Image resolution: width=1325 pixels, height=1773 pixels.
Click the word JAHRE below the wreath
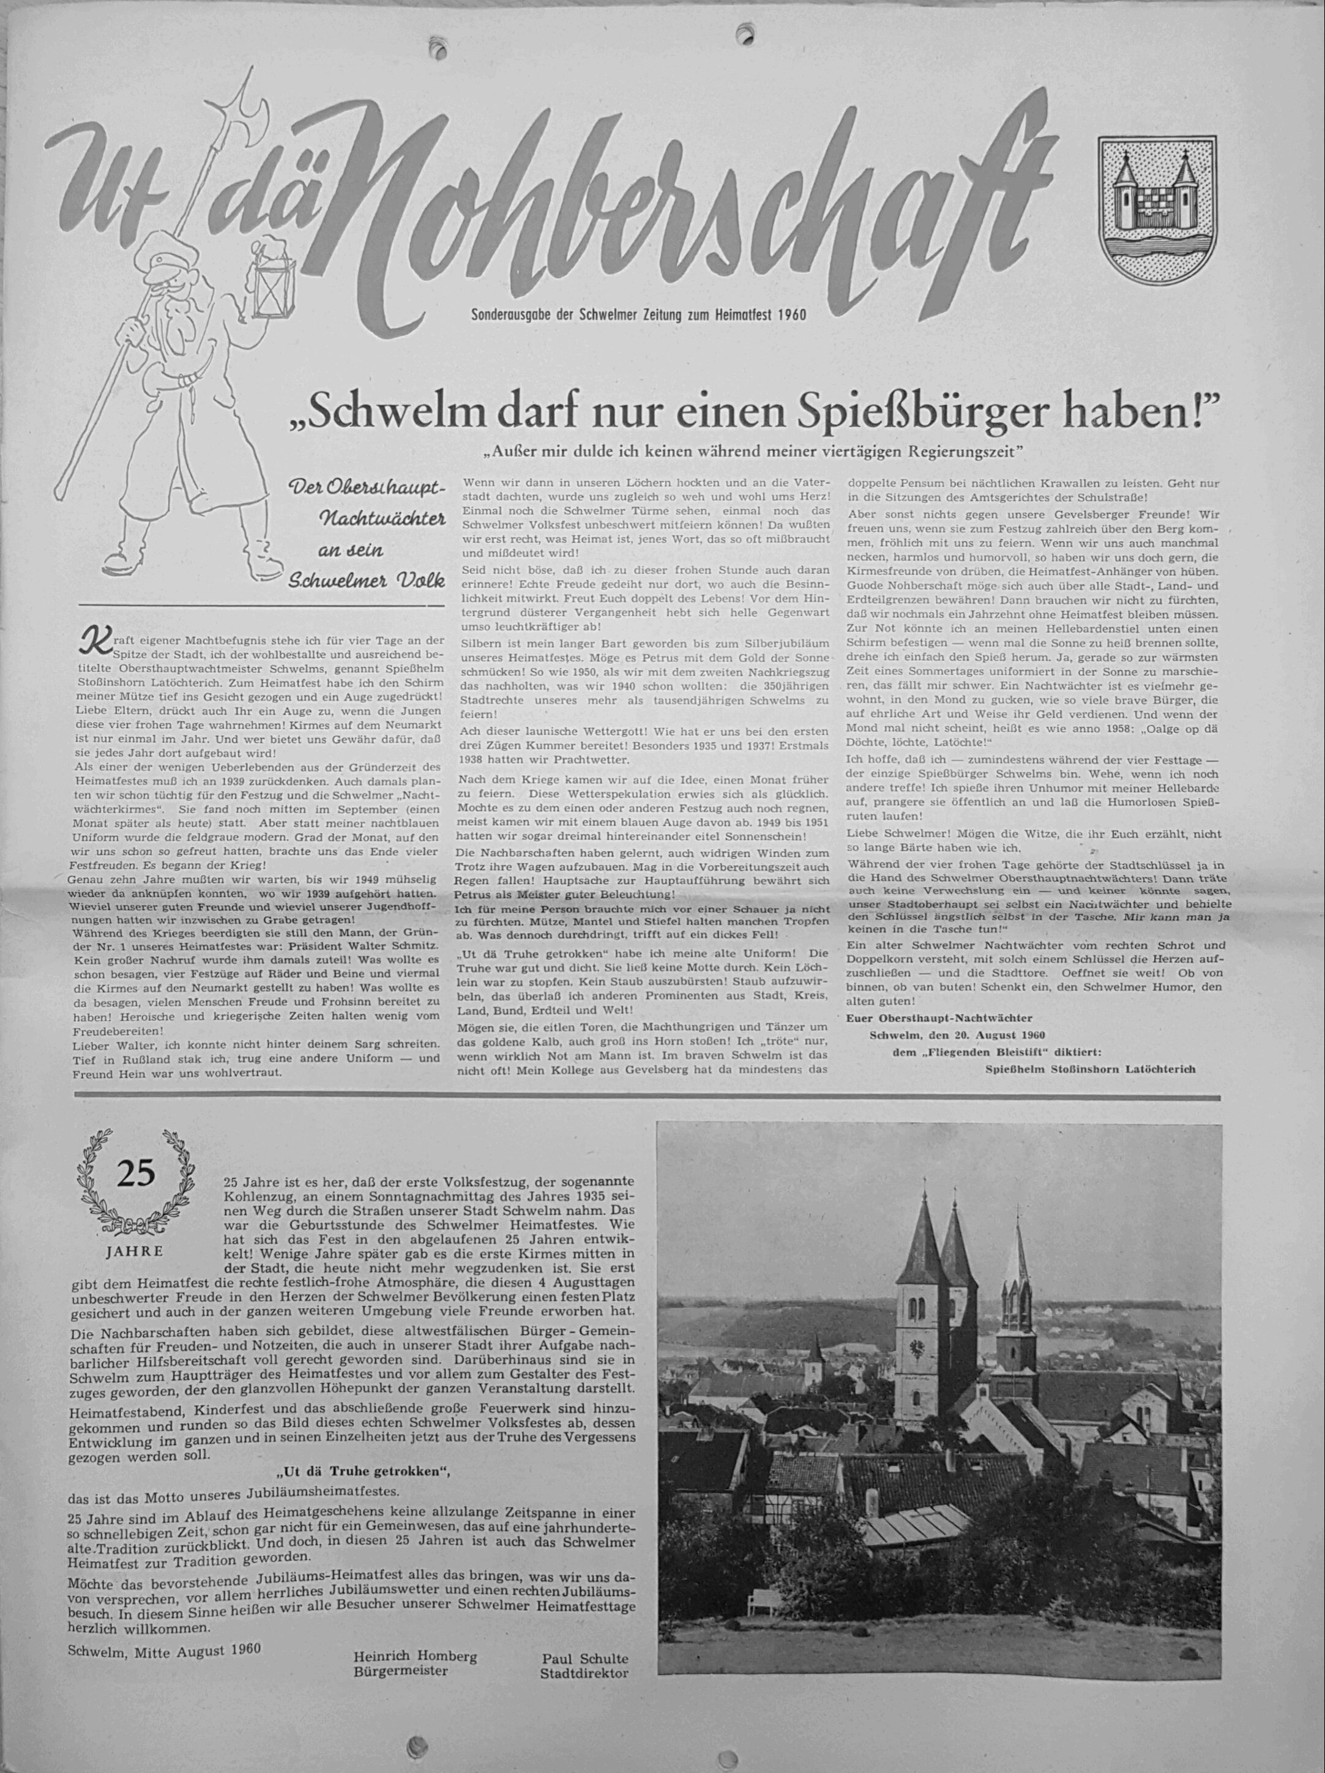pos(135,1251)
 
